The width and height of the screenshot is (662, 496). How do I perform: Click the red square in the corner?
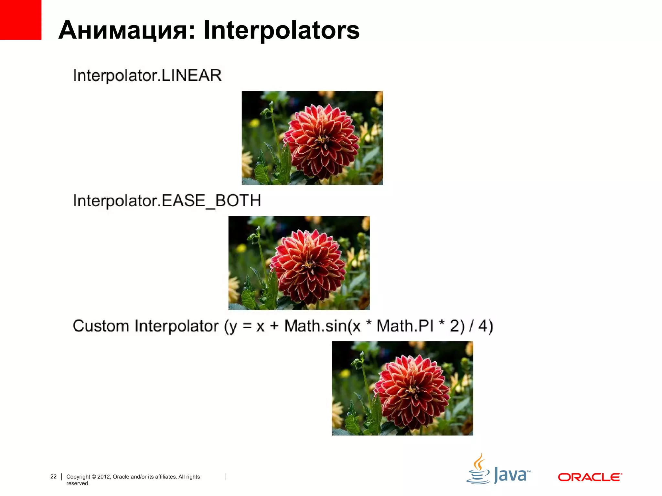[20, 20]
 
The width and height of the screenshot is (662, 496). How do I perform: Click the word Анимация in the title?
[126, 30]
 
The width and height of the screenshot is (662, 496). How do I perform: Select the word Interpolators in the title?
[281, 30]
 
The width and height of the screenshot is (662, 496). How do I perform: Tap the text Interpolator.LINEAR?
[147, 76]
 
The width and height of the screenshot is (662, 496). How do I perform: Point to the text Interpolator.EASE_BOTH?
[167, 201]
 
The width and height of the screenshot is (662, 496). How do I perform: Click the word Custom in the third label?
[101, 326]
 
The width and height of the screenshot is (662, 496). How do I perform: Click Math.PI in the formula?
[405, 326]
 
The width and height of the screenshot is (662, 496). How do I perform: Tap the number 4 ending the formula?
[483, 326]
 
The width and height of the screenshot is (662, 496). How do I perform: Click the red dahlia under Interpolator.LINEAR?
[321, 141]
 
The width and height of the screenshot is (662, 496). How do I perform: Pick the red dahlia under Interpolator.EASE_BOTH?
[308, 266]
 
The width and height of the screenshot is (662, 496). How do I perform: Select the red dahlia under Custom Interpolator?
[411, 391]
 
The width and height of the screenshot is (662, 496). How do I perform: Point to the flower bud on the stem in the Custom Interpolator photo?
[358, 364]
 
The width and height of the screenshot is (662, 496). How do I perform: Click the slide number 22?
[53, 477]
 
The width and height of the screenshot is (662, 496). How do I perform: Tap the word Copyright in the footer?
[78, 477]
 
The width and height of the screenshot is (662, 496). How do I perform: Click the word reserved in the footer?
[77, 483]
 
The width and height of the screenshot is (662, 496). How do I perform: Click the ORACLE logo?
[590, 477]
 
